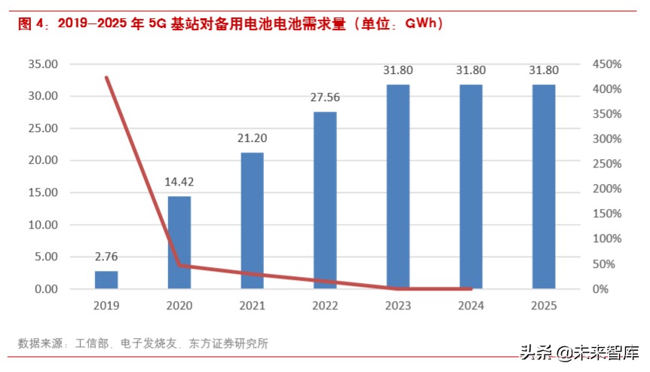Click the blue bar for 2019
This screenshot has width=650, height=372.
pyautogui.click(x=106, y=280)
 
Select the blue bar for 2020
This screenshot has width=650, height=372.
pyautogui.click(x=179, y=243)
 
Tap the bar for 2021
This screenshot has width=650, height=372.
pyautogui.click(x=253, y=221)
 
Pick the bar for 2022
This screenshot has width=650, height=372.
pyautogui.click(x=325, y=201)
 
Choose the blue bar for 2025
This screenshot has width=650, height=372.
pyautogui.click(x=544, y=187)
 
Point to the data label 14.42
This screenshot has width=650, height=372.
pyautogui.click(x=179, y=182)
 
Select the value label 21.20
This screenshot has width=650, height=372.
pyautogui.click(x=253, y=138)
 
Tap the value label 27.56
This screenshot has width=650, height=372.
pyautogui.click(x=325, y=97)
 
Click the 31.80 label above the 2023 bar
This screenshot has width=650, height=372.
pyautogui.click(x=398, y=70)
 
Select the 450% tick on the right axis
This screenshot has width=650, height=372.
pyautogui.click(x=606, y=64)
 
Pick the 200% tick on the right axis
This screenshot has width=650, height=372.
pyautogui.click(x=606, y=189)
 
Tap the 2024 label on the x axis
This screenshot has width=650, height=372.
pyautogui.click(x=471, y=306)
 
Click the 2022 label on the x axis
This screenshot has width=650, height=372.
pyautogui.click(x=325, y=306)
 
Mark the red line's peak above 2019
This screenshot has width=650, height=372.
pyautogui.click(x=106, y=78)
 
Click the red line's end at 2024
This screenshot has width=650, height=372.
pyautogui.click(x=471, y=288)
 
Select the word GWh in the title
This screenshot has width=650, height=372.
pyautogui.click(x=422, y=24)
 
